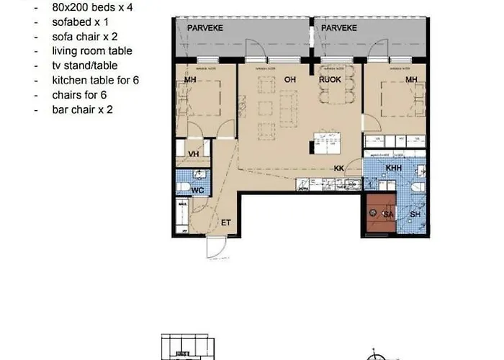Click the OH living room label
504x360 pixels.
click(291, 80)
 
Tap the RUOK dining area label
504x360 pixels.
click(330, 80)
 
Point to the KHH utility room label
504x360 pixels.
click(393, 168)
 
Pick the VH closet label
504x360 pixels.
click(193, 153)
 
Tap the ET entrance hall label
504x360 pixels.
click(225, 222)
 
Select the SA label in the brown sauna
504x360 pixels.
click(387, 214)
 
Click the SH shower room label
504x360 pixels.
click(415, 214)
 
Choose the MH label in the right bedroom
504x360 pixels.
click(411, 80)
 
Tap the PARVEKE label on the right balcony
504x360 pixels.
click(341, 28)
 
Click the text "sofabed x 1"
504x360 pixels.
click(79, 22)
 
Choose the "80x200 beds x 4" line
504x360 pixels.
click(92, 7)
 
